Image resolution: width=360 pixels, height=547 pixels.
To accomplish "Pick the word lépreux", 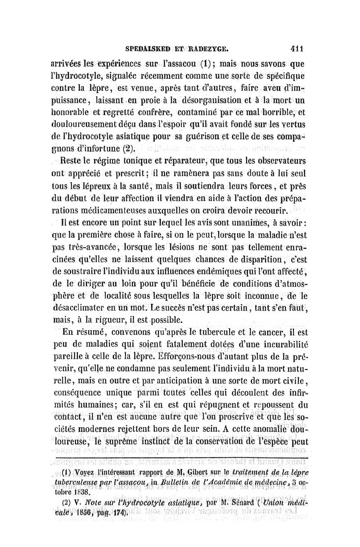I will click(x=102, y=185).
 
